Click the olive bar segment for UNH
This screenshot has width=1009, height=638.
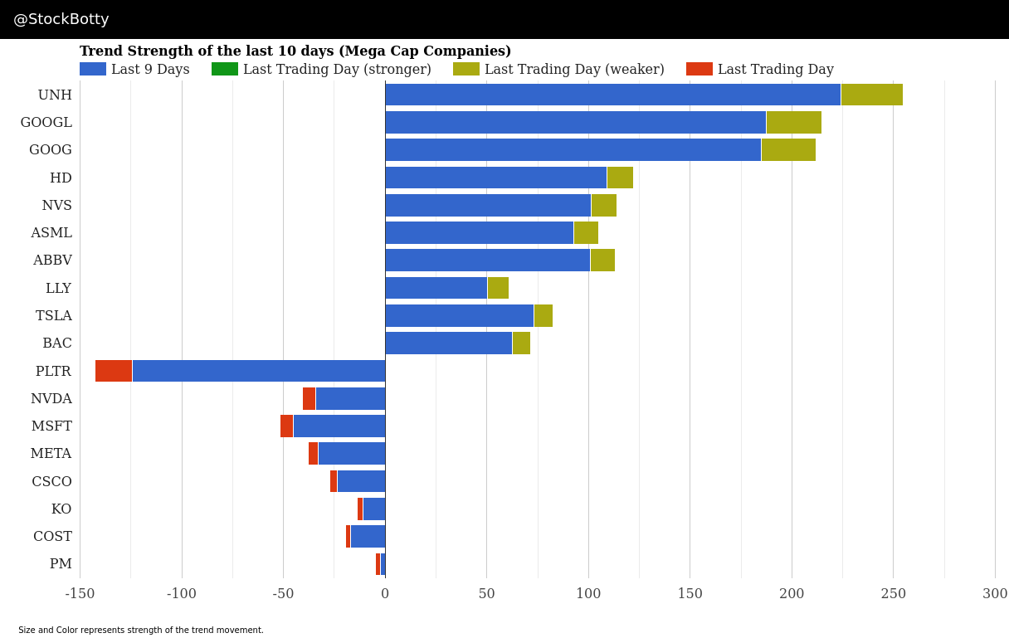click(871, 95)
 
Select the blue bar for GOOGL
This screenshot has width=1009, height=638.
click(575, 122)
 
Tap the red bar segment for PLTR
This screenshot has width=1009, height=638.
click(114, 371)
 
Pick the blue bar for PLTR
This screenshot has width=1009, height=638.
click(258, 371)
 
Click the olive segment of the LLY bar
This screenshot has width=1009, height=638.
click(498, 288)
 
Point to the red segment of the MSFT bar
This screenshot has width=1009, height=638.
click(286, 426)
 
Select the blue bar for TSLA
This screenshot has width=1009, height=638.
click(459, 315)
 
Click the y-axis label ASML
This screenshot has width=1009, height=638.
click(51, 233)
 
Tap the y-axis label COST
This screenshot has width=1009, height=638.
click(52, 537)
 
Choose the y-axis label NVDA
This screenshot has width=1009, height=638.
click(51, 399)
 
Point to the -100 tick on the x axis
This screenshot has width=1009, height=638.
click(182, 594)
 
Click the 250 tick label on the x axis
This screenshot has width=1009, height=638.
click(893, 594)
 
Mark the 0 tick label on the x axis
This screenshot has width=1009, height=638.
click(385, 594)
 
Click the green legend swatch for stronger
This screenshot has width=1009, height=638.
click(225, 70)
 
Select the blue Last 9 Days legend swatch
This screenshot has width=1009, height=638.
click(93, 70)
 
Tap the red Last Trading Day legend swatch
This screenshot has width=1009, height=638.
click(699, 70)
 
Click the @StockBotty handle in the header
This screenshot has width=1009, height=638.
click(61, 19)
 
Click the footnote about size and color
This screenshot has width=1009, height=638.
click(141, 631)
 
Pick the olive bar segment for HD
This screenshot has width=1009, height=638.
click(620, 178)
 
